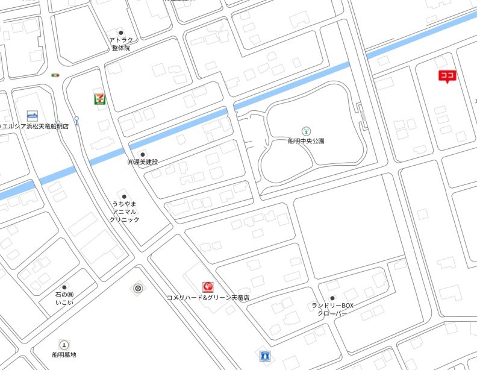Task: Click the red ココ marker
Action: [x=446, y=76]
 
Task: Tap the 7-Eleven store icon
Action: [x=98, y=98]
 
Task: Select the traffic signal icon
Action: [x=56, y=75]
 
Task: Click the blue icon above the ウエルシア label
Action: [x=33, y=114]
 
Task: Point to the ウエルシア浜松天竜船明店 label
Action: [x=34, y=127]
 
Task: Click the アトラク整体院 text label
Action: [x=120, y=44]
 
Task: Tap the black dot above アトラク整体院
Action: [x=120, y=33]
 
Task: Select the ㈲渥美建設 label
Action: [x=142, y=162]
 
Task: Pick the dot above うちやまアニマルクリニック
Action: [x=125, y=197]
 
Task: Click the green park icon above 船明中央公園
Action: [x=306, y=130]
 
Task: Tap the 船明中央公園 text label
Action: [x=306, y=141]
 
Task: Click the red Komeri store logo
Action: [x=208, y=286]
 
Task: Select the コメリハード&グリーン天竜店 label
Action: [x=208, y=298]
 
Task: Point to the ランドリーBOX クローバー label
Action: [x=332, y=310]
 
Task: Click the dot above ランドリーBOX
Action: [x=332, y=298]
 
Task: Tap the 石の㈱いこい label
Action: [x=64, y=299]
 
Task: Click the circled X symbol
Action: [x=138, y=289]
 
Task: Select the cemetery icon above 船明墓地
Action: [x=64, y=345]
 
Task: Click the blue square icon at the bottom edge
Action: [x=264, y=356]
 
